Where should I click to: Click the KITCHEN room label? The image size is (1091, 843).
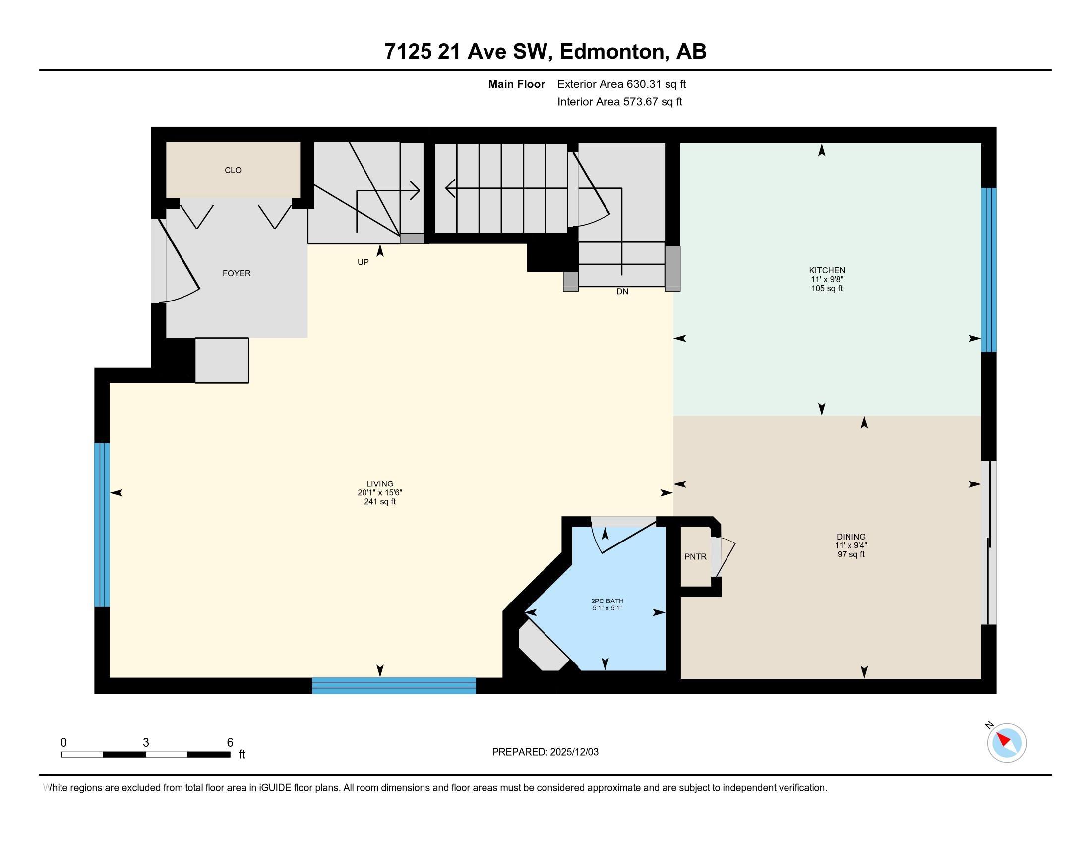[x=827, y=271]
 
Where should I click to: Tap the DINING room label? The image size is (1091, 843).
[x=850, y=537]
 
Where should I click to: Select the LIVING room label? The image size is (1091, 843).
[x=380, y=483]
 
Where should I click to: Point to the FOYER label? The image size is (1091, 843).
[x=236, y=273]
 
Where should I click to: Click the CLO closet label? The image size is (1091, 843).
[x=233, y=170]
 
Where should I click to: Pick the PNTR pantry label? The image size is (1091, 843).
[x=695, y=556]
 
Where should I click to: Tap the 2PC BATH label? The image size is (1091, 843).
[x=607, y=601]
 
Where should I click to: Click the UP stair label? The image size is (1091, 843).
[x=363, y=262]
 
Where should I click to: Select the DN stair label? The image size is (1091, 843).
[x=622, y=291]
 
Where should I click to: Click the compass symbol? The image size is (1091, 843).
[x=1006, y=743]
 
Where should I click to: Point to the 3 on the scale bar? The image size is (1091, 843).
[x=146, y=743]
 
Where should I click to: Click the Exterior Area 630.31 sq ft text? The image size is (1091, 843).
[x=621, y=84]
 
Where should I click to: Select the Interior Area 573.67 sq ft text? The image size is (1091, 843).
[x=619, y=101]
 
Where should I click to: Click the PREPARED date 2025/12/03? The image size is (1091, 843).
[x=574, y=752]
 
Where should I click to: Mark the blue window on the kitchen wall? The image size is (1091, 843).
[x=988, y=270]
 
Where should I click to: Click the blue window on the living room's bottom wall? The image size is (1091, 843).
[x=394, y=686]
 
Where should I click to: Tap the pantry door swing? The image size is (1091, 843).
[x=723, y=557]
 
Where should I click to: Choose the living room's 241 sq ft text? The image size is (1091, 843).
[x=380, y=501]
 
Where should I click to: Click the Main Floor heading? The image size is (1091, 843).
[x=516, y=84]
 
